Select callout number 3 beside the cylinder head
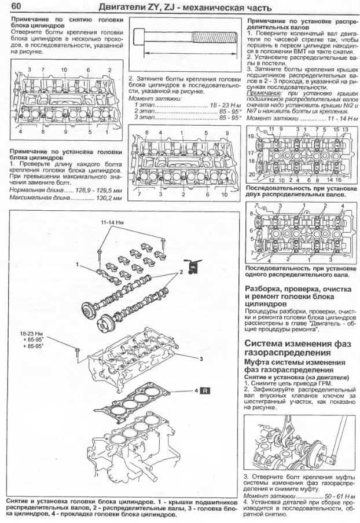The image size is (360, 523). (x=200, y=359)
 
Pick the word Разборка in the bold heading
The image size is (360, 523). (x=266, y=288)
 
